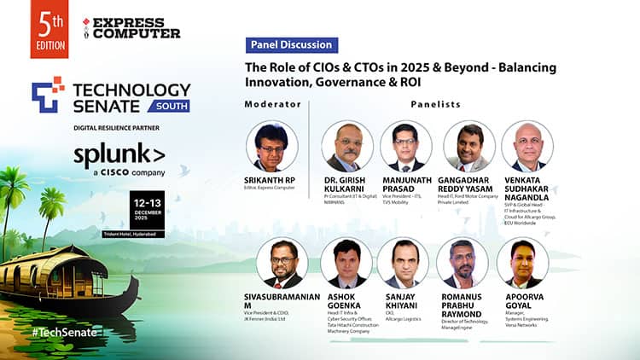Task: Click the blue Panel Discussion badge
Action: [291, 45]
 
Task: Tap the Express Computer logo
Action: [132, 27]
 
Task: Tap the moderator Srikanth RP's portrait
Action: [271, 146]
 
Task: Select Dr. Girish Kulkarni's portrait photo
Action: [348, 146]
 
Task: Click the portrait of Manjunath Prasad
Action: [406, 146]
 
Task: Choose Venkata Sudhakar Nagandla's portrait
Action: [527, 146]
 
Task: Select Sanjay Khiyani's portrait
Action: [403, 264]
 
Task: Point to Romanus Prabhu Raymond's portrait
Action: [462, 264]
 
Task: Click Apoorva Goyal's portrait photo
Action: [522, 264]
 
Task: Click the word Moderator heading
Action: [273, 104]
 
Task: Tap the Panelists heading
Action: [436, 104]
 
